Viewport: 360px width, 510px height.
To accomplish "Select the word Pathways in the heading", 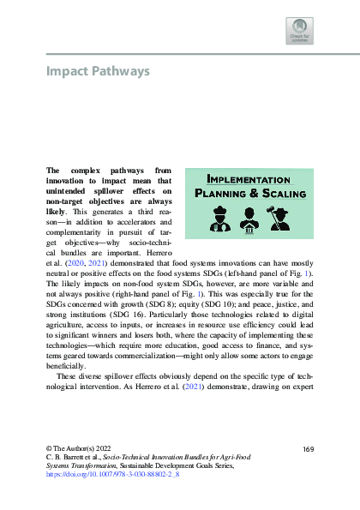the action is [x=121, y=70].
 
